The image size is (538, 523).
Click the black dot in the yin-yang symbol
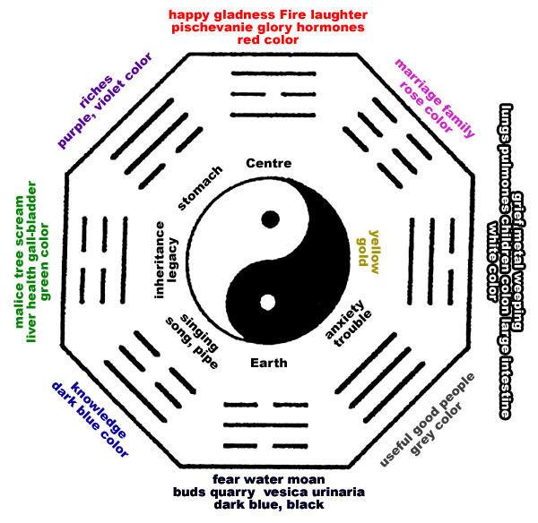271,219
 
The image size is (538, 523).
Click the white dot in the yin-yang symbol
267,303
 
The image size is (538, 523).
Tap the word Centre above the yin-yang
269,163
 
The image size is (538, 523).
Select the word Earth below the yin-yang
269,363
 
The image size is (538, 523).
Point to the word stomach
200,187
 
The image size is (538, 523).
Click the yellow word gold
362,252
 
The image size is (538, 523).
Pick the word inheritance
160,260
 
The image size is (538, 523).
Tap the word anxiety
343,319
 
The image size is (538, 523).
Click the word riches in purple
96,91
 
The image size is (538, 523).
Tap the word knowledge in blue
99,409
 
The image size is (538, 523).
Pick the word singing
199,333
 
